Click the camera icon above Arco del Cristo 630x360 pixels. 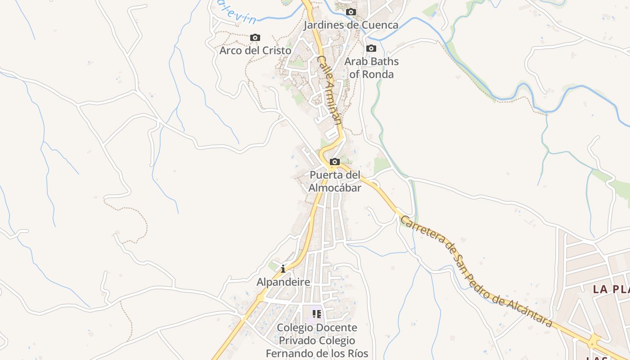tap(255, 38)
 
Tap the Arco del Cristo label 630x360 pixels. tap(255, 50)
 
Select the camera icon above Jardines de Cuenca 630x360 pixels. tap(351, 12)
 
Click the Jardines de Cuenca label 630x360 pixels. tap(351, 25)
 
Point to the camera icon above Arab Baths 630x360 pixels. tap(371, 49)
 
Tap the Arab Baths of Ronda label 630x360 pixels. tap(372, 67)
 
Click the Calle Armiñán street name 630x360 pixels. tap(329, 90)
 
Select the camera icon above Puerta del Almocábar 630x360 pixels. tap(334, 162)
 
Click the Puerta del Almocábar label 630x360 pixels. tap(335, 181)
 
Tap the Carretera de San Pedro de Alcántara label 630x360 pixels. tap(476, 271)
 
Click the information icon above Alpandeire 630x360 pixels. tap(283, 269)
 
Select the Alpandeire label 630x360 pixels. tap(283, 282)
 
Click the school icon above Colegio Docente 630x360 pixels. tap(317, 314)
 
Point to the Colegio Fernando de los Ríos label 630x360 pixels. tap(317, 341)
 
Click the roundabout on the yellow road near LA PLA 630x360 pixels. tap(594, 341)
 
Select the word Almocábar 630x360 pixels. tap(335, 188)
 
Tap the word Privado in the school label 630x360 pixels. tap(297, 341)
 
